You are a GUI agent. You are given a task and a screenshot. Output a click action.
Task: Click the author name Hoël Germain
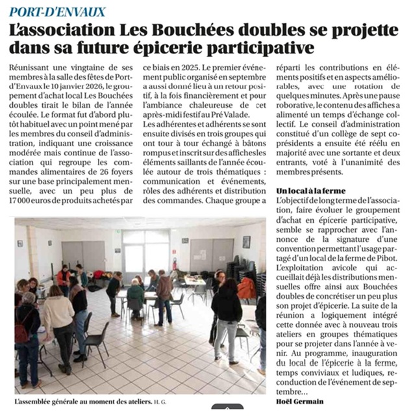(x=299, y=401)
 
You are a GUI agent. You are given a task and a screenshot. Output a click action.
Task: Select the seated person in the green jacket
(x=135, y=296)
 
